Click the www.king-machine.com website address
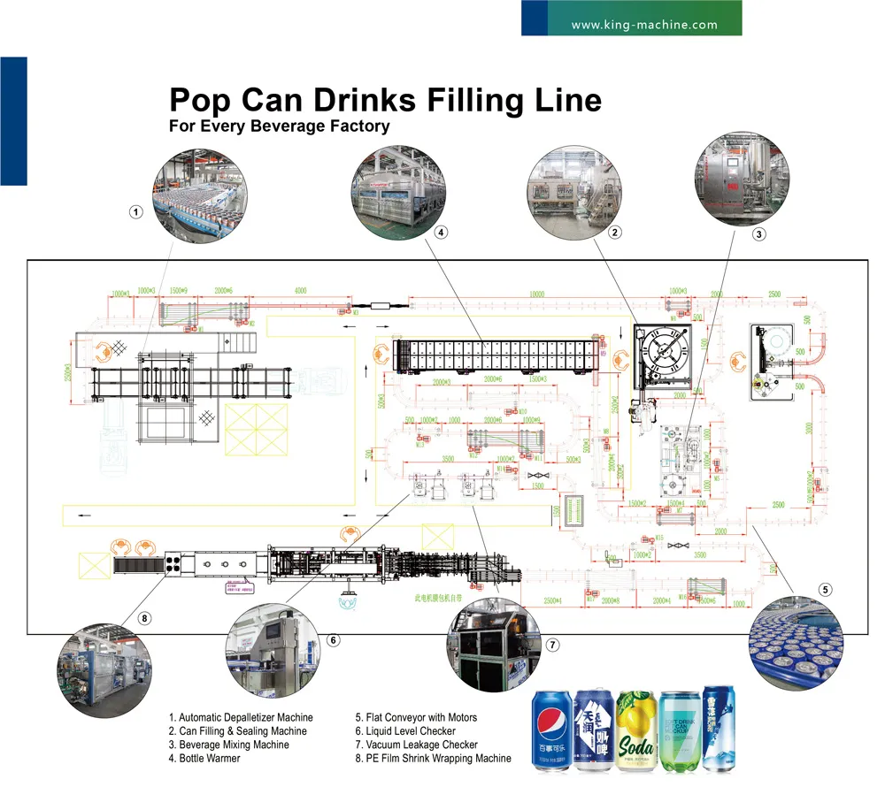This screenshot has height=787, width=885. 644,25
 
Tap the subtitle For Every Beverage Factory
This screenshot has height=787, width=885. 279,126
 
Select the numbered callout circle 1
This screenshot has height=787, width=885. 135,211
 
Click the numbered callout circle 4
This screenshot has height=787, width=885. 439,233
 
